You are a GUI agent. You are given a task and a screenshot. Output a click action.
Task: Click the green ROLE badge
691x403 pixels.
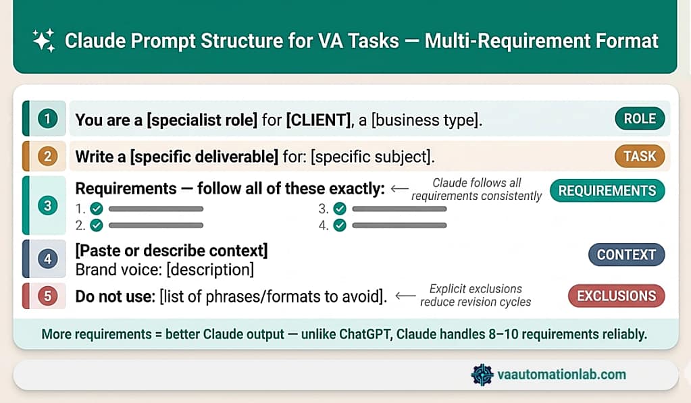point(639,119)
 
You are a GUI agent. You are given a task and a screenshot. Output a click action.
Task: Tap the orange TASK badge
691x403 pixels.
point(639,157)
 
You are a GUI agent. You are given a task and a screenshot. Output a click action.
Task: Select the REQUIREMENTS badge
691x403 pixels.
point(607,190)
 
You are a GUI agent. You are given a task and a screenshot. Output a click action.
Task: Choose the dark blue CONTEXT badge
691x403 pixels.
point(626,254)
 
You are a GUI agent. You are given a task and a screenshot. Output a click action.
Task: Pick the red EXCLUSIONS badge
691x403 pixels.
point(616,296)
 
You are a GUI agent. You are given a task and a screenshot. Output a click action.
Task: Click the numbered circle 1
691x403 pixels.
point(47,119)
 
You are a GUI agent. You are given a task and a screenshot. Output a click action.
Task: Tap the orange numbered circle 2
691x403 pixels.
point(47,157)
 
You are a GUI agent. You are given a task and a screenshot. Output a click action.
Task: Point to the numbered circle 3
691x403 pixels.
point(47,206)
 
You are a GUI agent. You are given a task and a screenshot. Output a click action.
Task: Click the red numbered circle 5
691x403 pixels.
point(47,296)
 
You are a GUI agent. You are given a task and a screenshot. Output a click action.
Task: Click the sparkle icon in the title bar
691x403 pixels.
point(44,41)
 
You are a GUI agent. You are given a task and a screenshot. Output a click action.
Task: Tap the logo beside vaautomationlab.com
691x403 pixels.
point(482,375)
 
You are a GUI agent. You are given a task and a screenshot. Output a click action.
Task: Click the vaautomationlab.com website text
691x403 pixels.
point(562,375)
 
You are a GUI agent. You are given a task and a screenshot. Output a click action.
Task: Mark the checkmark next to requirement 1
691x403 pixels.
point(97,209)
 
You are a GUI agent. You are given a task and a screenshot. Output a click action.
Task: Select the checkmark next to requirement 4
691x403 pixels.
point(340,225)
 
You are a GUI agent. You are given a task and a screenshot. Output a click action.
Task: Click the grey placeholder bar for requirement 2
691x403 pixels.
point(156,225)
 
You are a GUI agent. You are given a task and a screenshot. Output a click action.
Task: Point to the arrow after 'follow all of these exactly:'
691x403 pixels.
point(400,190)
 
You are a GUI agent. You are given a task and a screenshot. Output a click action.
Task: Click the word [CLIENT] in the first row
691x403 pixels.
point(315,119)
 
